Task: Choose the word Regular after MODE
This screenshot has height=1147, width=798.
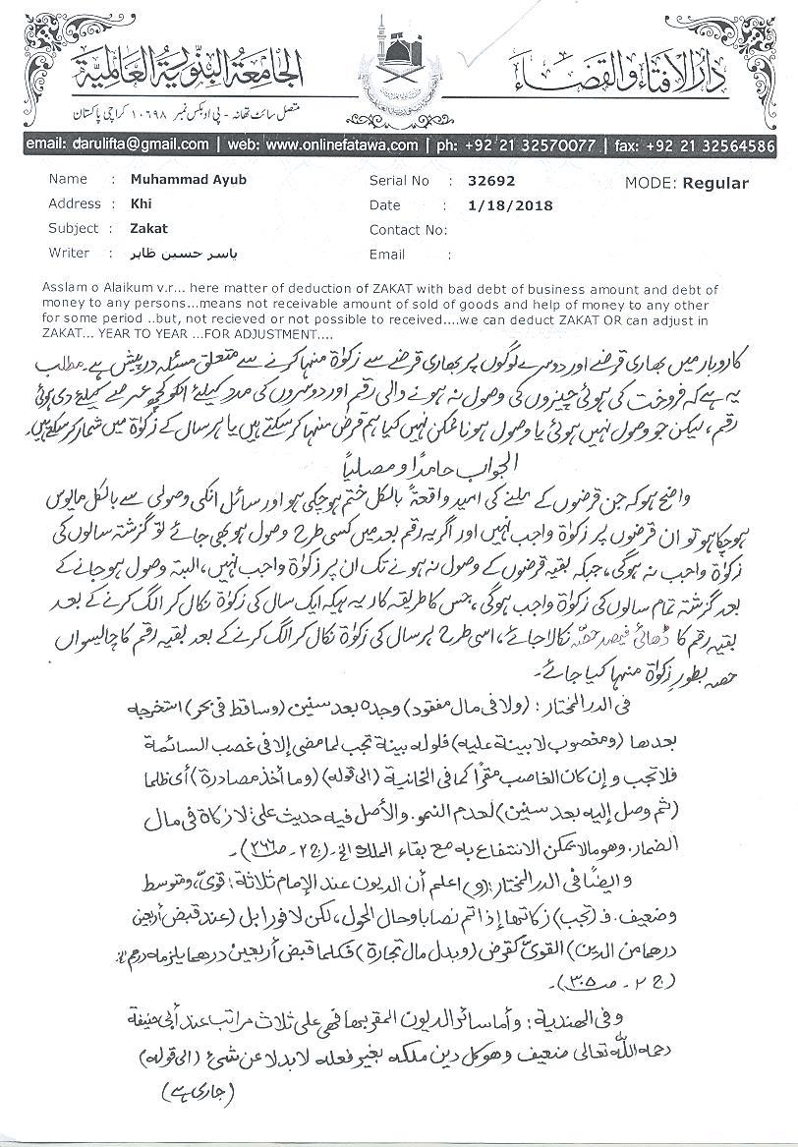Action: tap(715, 183)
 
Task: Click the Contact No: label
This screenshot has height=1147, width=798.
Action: tap(408, 229)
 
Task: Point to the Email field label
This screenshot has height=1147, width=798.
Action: tap(386, 254)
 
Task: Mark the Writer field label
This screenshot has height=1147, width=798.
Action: tap(69, 253)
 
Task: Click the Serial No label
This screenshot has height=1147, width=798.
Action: tap(399, 181)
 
